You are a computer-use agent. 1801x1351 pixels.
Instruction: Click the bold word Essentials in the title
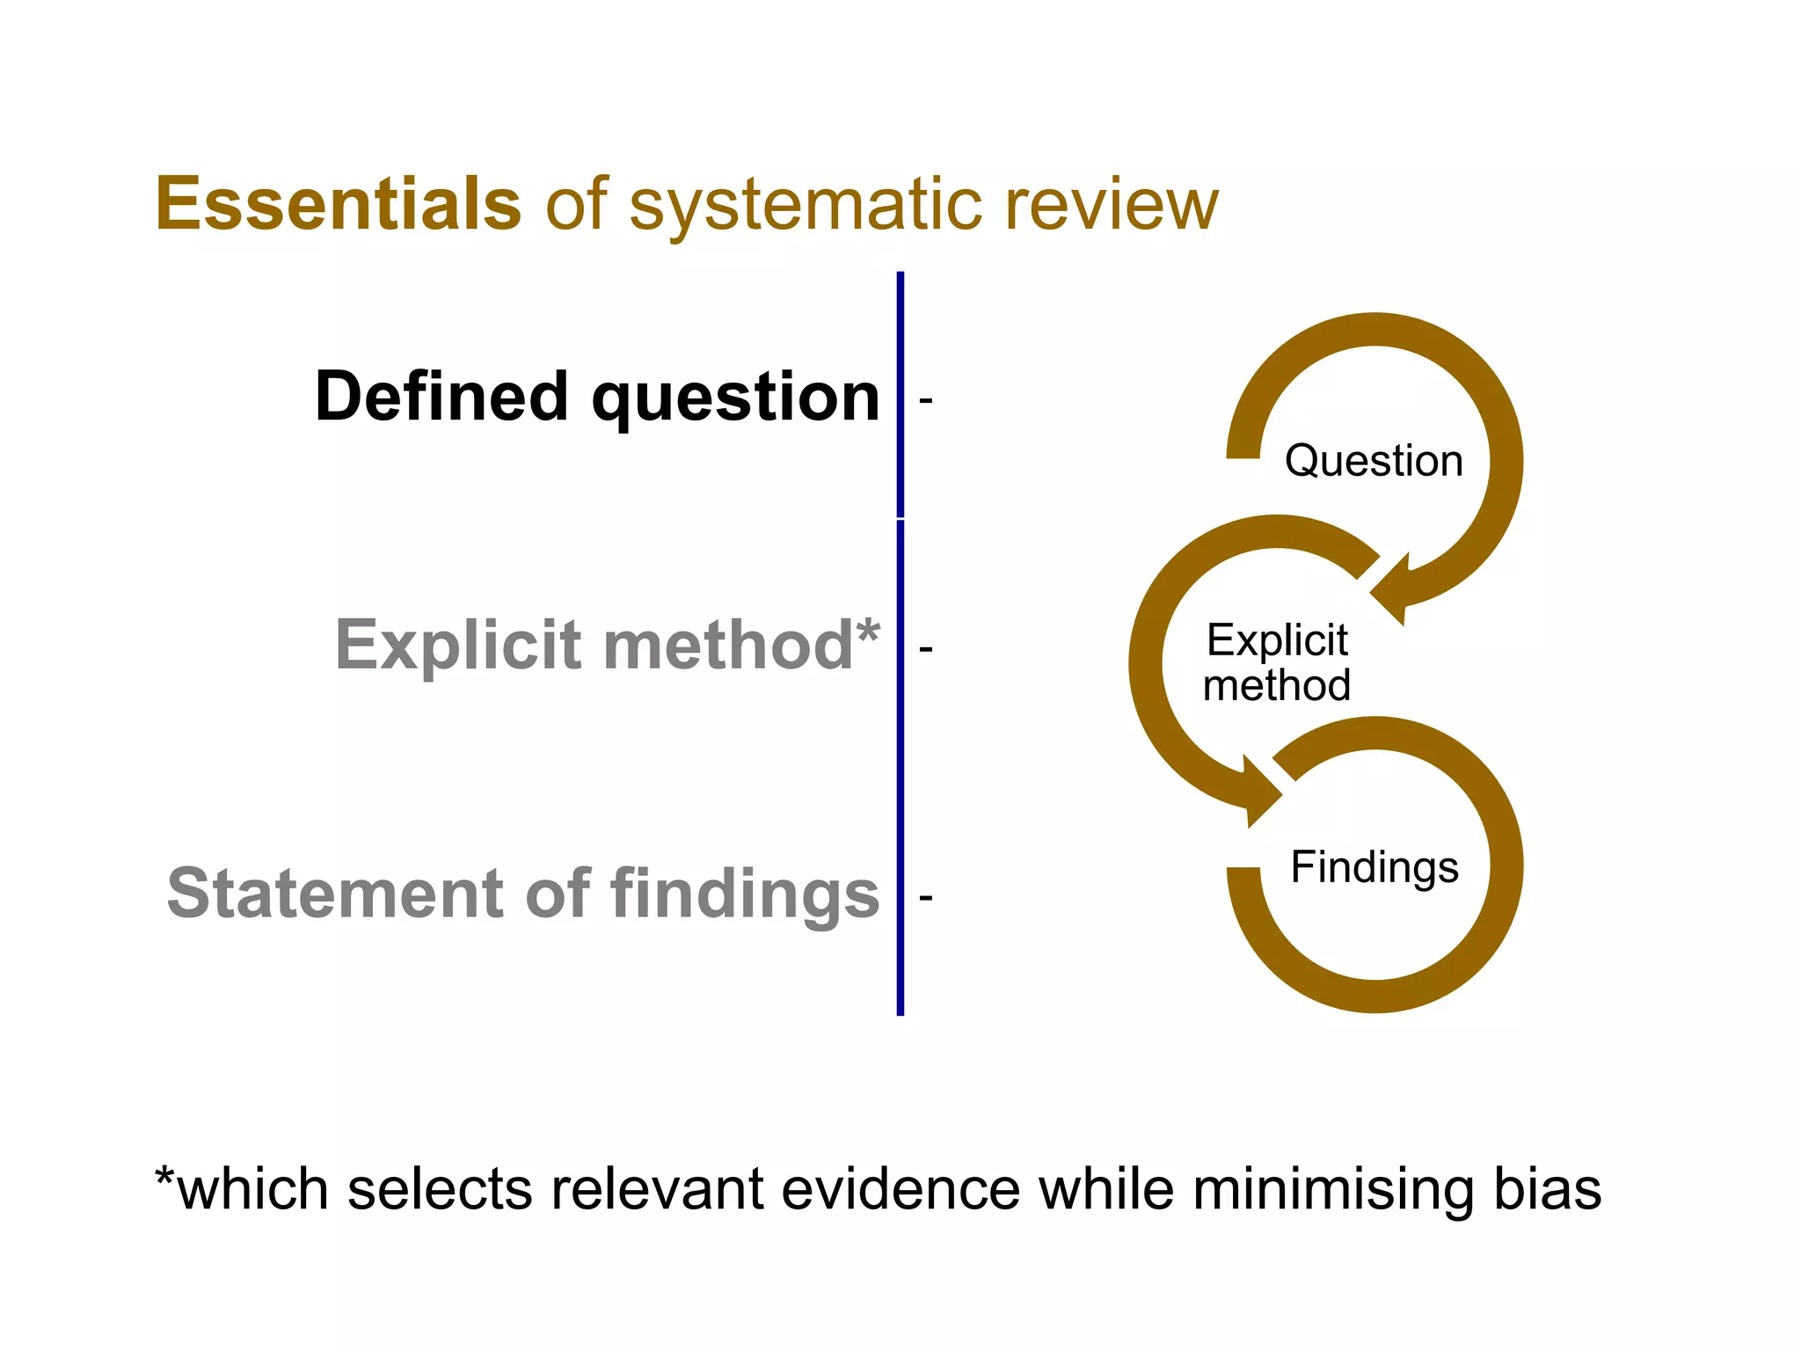pyautogui.click(x=339, y=204)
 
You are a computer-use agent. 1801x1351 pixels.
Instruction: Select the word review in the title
pyautogui.click(x=1112, y=206)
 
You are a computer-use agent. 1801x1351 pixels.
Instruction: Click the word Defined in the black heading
pyautogui.click(x=441, y=397)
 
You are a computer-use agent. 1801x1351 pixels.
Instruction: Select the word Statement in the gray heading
pyautogui.click(x=334, y=894)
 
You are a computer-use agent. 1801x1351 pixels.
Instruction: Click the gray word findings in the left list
pyautogui.click(x=745, y=895)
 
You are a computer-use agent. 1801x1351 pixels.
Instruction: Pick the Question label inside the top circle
pyautogui.click(x=1374, y=461)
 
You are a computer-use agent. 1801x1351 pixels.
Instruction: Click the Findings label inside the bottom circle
pyautogui.click(x=1374, y=867)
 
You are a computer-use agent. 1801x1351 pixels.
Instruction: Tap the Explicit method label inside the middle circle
pyautogui.click(x=1277, y=662)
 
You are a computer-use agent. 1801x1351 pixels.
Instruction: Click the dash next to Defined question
pyautogui.click(x=925, y=401)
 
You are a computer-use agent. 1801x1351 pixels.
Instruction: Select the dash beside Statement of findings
pyautogui.click(x=925, y=898)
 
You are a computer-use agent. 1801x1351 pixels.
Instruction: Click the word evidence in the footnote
pyautogui.click(x=900, y=1189)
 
